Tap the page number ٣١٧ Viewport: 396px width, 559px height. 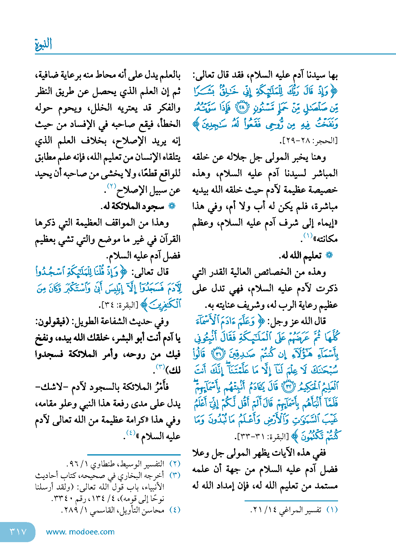coord(18,531)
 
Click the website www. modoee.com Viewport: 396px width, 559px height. coord(80,532)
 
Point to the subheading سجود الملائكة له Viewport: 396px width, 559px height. coord(132,206)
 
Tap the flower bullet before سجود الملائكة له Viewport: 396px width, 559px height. coord(172,206)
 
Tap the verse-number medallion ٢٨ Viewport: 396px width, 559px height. coord(241,108)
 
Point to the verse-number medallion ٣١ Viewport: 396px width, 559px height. coord(219,354)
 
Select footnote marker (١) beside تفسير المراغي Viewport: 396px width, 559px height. coord(332,510)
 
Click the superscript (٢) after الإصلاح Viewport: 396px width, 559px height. coord(112,186)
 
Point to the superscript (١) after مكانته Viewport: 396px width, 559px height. coord(308,235)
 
